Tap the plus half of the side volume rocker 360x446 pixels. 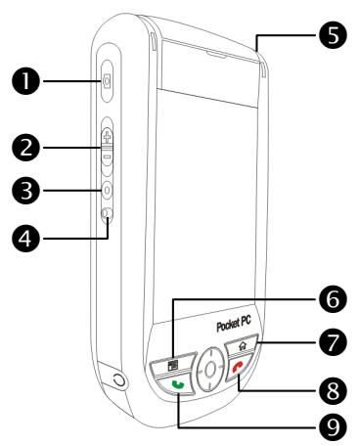tap(106, 136)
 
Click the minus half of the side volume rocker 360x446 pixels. tap(106, 156)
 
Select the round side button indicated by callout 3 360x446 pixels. tap(106, 191)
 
